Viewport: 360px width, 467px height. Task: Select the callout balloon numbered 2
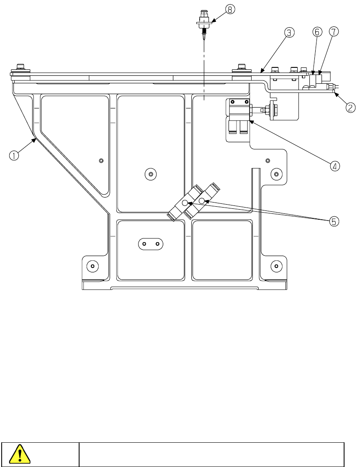coord(350,108)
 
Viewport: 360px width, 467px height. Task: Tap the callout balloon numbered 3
coord(289,32)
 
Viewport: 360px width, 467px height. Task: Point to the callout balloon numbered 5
coord(334,221)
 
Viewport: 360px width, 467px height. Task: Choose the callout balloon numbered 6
coord(317,32)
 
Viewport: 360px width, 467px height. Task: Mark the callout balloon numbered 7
coord(334,32)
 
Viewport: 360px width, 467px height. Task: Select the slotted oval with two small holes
coord(151,243)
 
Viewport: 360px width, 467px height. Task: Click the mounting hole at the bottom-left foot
coord(93,266)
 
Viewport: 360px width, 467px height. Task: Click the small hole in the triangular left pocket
coord(101,160)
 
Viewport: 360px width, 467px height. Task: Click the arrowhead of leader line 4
coord(250,121)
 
